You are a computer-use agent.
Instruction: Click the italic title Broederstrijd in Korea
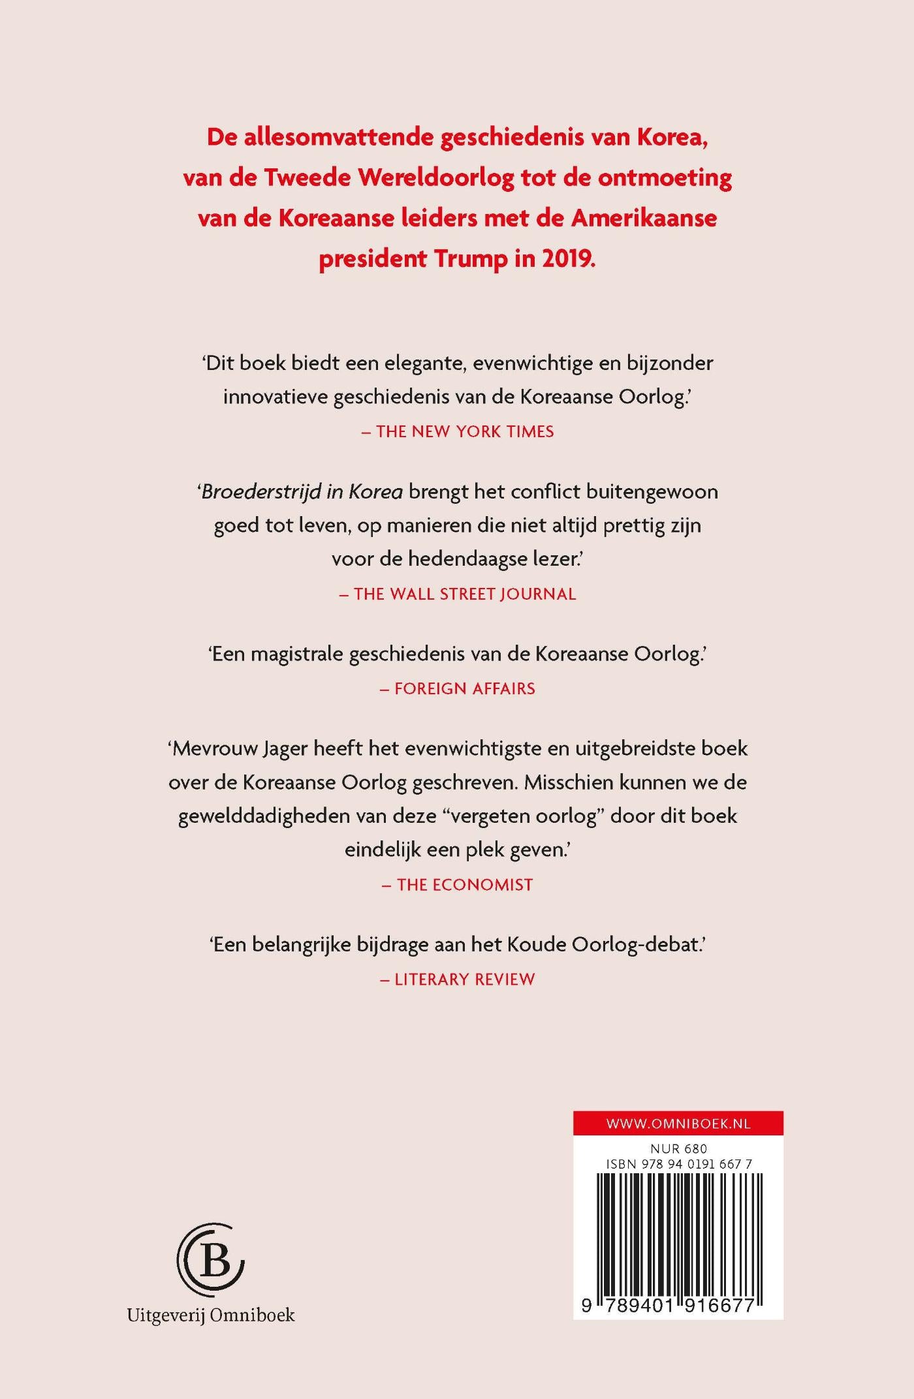click(x=302, y=491)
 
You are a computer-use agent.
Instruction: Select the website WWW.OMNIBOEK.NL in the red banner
click(x=678, y=1124)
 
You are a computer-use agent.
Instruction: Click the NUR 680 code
click(x=678, y=1148)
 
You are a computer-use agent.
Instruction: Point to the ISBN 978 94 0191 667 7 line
click(x=678, y=1164)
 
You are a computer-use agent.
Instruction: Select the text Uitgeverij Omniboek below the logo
click(x=211, y=1315)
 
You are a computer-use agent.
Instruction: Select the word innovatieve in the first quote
click(x=275, y=397)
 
